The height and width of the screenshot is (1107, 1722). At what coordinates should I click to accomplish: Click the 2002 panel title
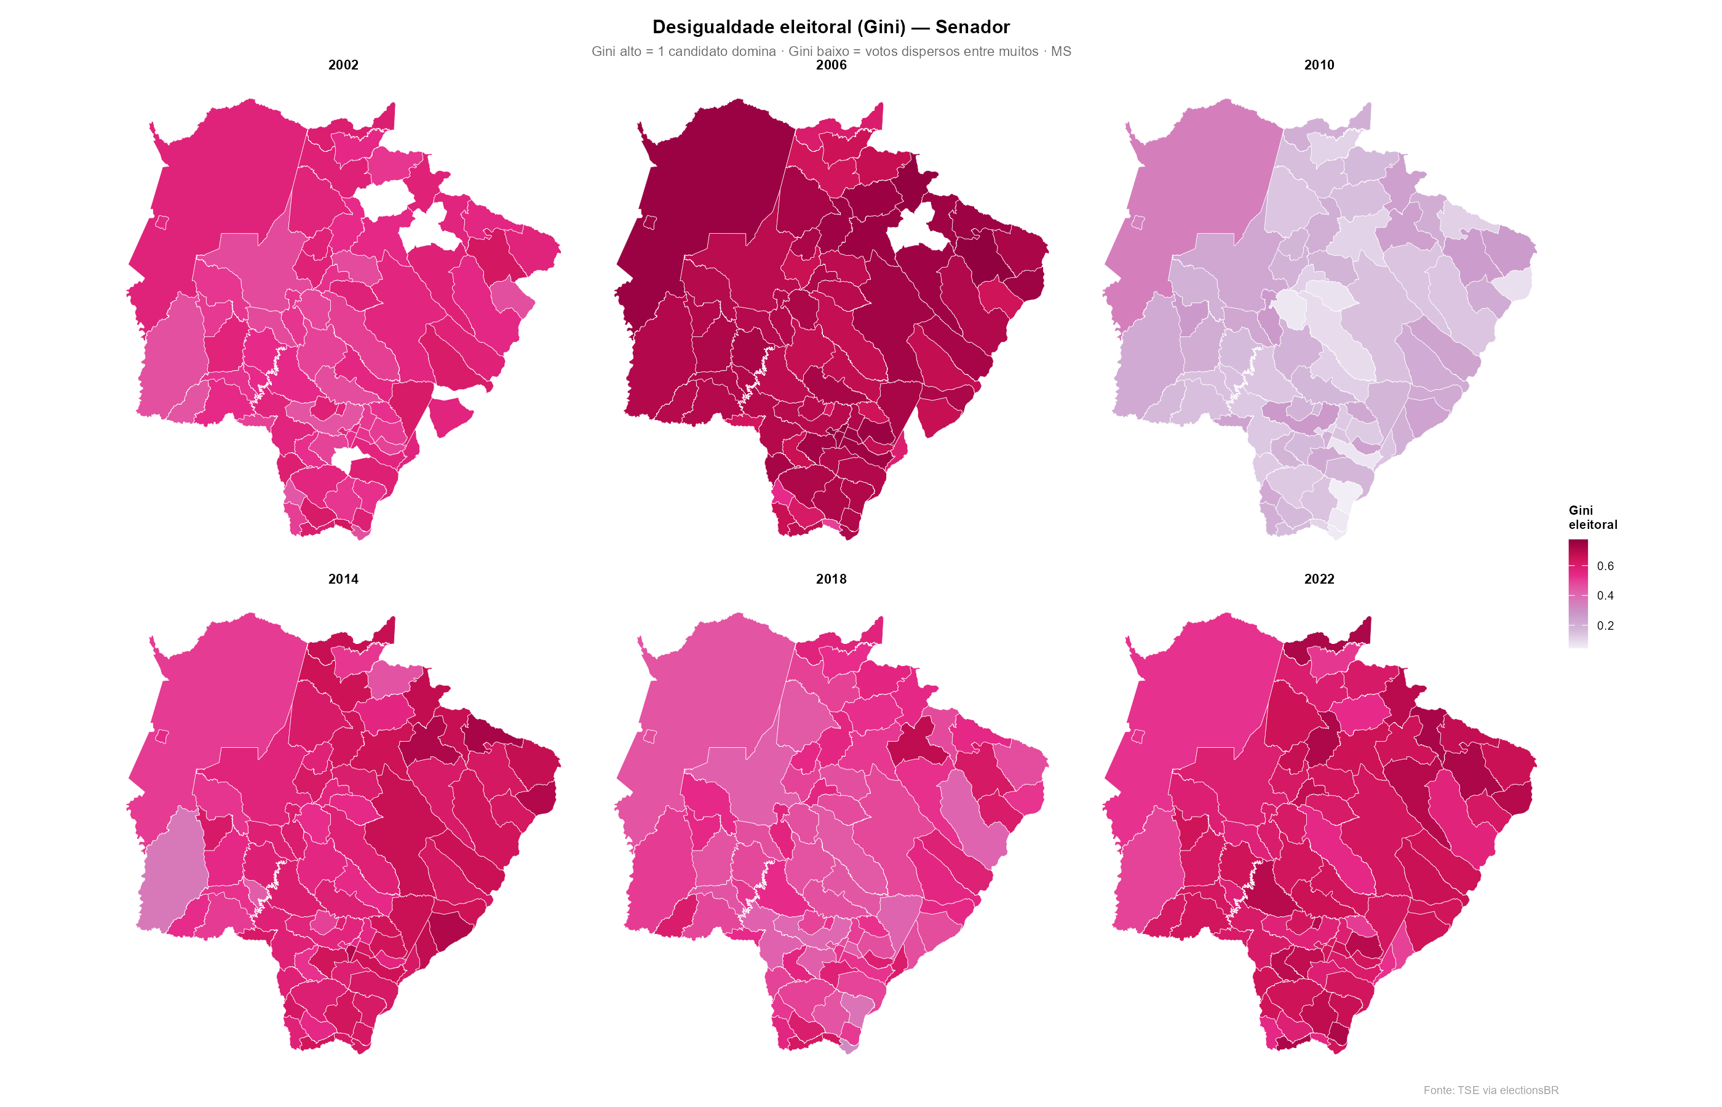343,65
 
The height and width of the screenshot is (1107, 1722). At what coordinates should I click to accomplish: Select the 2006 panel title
831,65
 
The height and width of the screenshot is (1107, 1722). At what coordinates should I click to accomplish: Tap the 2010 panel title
1319,65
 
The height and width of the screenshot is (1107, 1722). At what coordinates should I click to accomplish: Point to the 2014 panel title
343,579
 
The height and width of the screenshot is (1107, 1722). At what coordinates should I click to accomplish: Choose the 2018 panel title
831,579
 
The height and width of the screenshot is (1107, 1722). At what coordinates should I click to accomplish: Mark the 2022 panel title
1319,579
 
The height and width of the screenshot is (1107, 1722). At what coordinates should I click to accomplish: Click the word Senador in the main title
972,27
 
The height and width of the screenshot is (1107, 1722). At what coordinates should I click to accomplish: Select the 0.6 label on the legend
1605,566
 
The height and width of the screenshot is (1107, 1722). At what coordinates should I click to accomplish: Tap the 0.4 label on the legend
1605,595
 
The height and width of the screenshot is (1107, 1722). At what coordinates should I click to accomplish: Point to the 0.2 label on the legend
1605,625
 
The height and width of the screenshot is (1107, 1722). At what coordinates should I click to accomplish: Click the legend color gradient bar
1577,593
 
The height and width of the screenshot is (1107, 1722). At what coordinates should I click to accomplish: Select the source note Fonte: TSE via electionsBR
1491,1090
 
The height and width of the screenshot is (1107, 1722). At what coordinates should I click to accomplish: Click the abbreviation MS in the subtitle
1061,51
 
